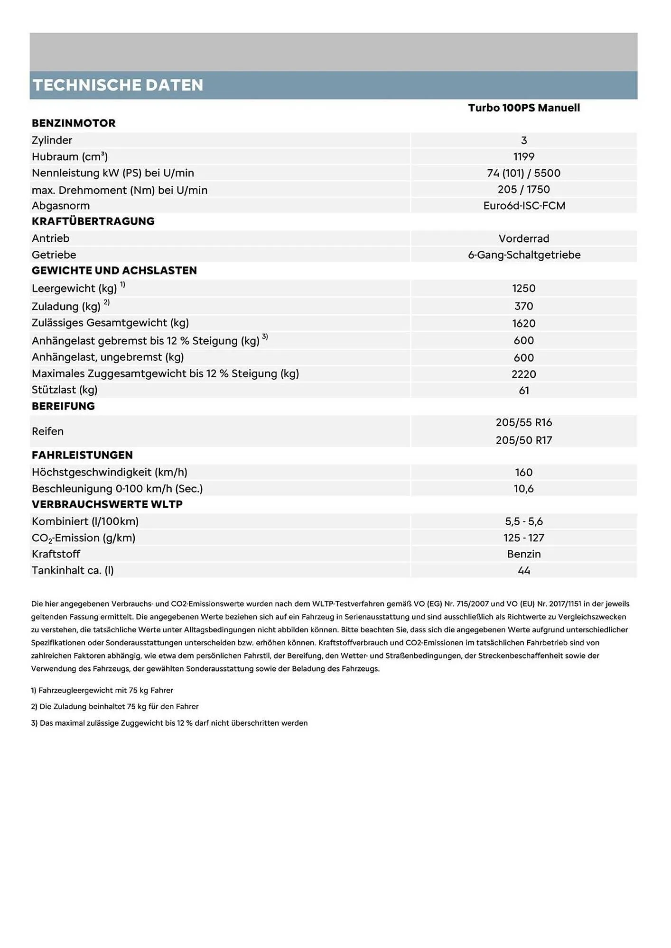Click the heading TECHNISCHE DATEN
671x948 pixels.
(118, 85)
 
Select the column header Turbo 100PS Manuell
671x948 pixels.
(523, 108)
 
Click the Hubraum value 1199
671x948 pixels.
(523, 157)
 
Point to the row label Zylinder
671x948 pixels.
(52, 140)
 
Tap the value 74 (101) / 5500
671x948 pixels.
(523, 173)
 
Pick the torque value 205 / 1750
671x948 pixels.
(523, 190)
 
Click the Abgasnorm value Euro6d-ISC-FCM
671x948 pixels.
(523, 206)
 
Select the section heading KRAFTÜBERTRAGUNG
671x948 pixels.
(93, 221)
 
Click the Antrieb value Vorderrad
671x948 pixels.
(523, 238)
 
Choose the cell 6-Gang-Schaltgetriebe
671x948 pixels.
(523, 255)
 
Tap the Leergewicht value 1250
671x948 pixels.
(523, 289)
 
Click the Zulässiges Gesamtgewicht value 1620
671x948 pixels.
(523, 324)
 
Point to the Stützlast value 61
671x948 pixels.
(523, 391)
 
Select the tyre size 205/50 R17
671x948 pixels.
(523, 440)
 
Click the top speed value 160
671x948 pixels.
(523, 473)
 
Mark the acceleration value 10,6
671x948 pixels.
(523, 489)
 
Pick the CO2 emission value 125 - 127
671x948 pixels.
(523, 538)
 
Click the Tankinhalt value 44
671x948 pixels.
(523, 571)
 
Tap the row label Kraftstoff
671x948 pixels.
(56, 554)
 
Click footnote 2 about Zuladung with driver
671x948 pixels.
(114, 707)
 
